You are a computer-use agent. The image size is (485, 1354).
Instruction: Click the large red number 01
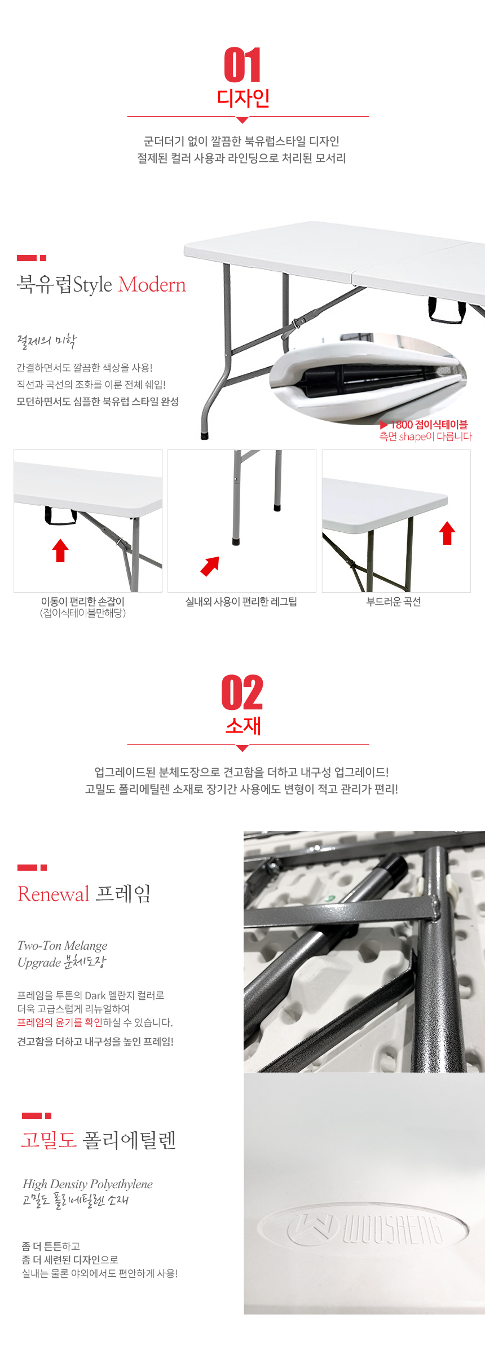point(242,65)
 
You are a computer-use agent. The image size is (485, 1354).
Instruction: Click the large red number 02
point(242,693)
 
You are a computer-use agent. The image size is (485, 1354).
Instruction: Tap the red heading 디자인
point(243,98)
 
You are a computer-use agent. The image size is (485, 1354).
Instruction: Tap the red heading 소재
point(243,726)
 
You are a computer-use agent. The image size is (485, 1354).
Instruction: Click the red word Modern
point(152,285)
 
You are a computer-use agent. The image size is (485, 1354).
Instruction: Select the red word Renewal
point(54,894)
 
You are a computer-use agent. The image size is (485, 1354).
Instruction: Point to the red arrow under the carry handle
point(60,550)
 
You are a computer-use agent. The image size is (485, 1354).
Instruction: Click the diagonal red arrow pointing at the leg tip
point(210,566)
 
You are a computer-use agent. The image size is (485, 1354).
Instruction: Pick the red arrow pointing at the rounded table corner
point(447,533)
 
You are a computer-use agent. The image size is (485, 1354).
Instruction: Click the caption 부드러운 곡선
point(394,602)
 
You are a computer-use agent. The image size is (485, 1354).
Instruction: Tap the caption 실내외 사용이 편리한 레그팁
point(241,602)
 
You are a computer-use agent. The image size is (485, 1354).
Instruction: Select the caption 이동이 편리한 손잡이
point(83,602)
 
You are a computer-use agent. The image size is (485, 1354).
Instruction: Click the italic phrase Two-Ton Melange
point(63,946)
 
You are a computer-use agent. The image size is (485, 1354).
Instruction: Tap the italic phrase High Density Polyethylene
point(87,1184)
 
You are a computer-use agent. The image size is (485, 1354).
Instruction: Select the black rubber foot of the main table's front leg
point(205,435)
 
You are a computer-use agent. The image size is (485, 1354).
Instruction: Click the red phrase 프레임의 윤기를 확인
point(60,1022)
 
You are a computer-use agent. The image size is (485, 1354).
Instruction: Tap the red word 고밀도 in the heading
point(48,1140)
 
